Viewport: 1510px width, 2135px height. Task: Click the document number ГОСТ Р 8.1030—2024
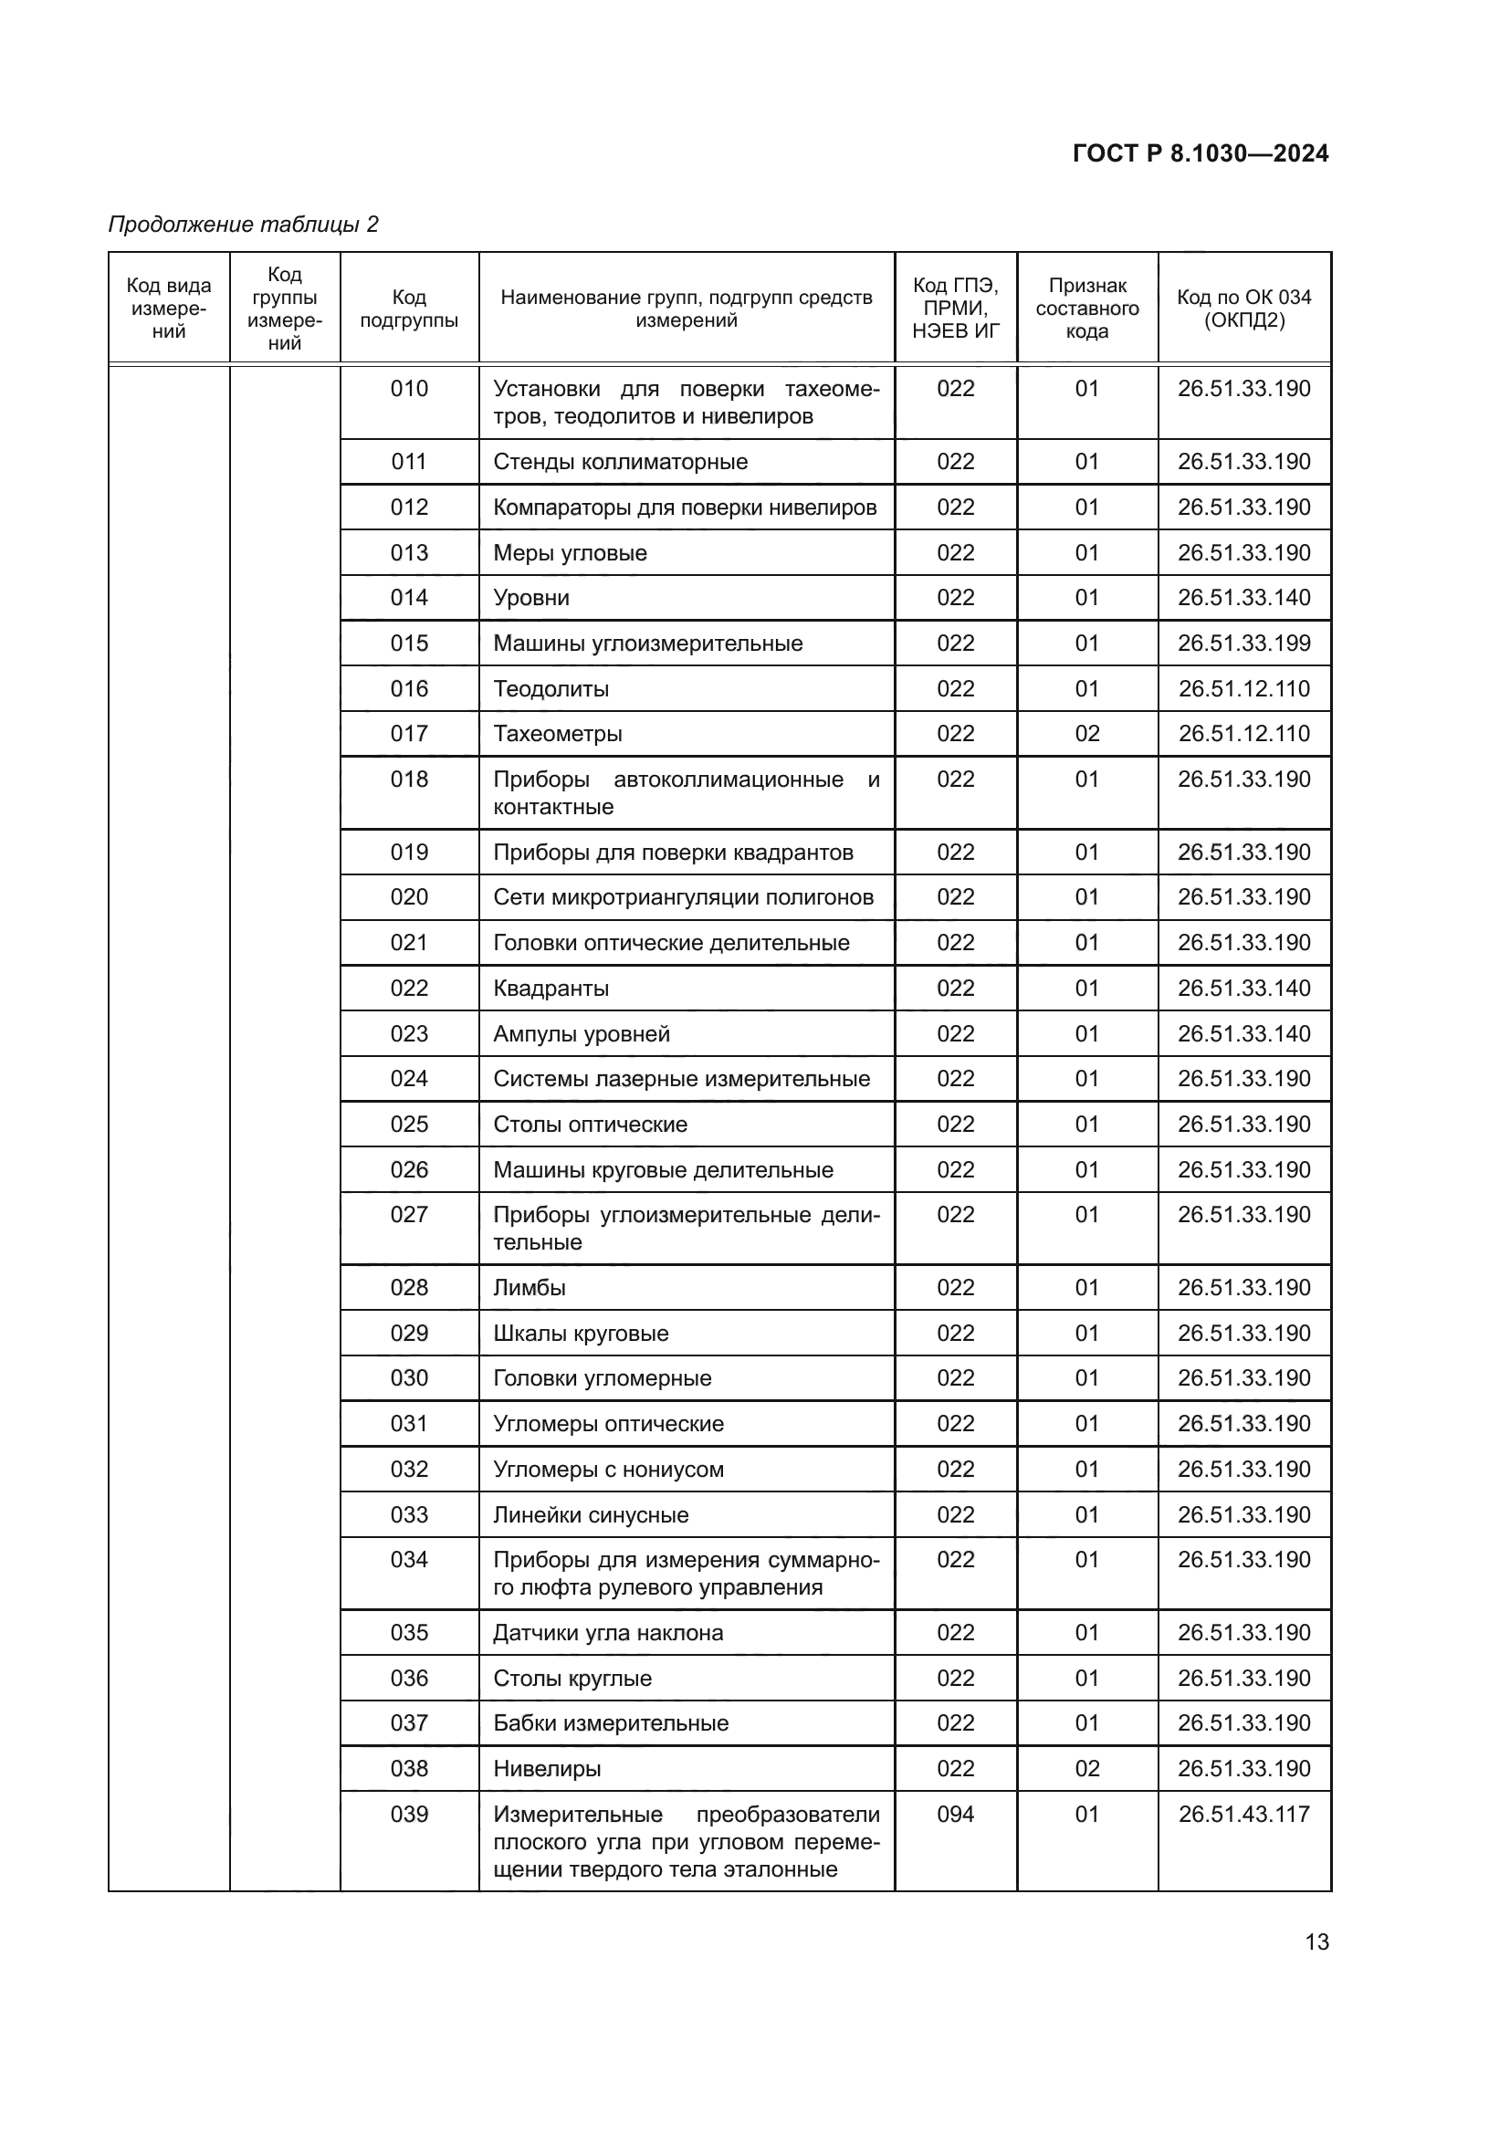pyautogui.click(x=1201, y=153)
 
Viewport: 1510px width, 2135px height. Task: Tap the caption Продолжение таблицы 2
pyautogui.click(x=244, y=225)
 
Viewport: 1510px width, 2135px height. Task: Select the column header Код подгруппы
pyautogui.click(x=409, y=309)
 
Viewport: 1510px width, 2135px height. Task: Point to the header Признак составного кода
pyautogui.click(x=1087, y=309)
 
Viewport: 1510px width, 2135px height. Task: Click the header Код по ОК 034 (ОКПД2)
pyautogui.click(x=1243, y=309)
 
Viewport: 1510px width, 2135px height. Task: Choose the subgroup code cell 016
pyautogui.click(x=409, y=689)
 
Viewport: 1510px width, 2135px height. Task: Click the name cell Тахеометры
pyautogui.click(x=558, y=734)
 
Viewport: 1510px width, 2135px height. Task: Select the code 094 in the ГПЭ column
pyautogui.click(x=955, y=1815)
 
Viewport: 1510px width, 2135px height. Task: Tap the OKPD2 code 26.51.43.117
pyautogui.click(x=1243, y=1815)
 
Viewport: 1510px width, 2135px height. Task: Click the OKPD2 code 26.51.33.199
pyautogui.click(x=1243, y=644)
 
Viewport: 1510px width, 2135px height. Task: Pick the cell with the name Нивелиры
pyautogui.click(x=547, y=1769)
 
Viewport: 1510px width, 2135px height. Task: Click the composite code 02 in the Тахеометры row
pyautogui.click(x=1087, y=734)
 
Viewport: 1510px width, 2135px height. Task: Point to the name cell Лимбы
pyautogui.click(x=530, y=1288)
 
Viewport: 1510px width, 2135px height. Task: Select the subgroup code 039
pyautogui.click(x=409, y=1815)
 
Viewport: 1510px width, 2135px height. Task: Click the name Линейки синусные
pyautogui.click(x=591, y=1515)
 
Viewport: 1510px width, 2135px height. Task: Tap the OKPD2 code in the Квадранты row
pyautogui.click(x=1243, y=989)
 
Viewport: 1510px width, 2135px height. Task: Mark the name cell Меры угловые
pyautogui.click(x=570, y=553)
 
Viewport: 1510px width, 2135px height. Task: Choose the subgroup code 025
pyautogui.click(x=409, y=1125)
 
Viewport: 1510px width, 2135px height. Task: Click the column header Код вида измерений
pyautogui.click(x=169, y=309)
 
